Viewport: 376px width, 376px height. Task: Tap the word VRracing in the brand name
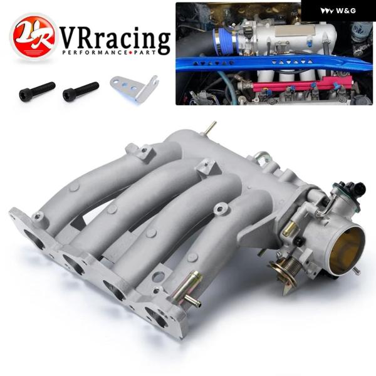116,39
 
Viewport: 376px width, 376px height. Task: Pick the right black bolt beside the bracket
80,91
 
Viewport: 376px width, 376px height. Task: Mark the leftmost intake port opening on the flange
31,239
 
